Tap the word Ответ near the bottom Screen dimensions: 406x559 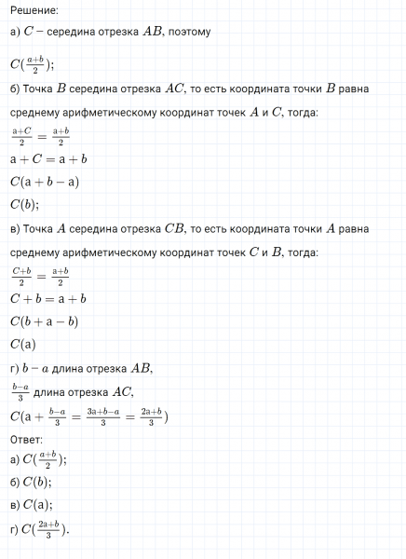[x=27, y=438]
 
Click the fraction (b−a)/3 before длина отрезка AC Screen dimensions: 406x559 [x=19, y=391]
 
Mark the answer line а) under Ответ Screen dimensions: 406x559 [x=39, y=459]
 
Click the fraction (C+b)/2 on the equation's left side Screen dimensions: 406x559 [x=22, y=277]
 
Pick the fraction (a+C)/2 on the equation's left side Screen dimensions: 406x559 [x=22, y=137]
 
